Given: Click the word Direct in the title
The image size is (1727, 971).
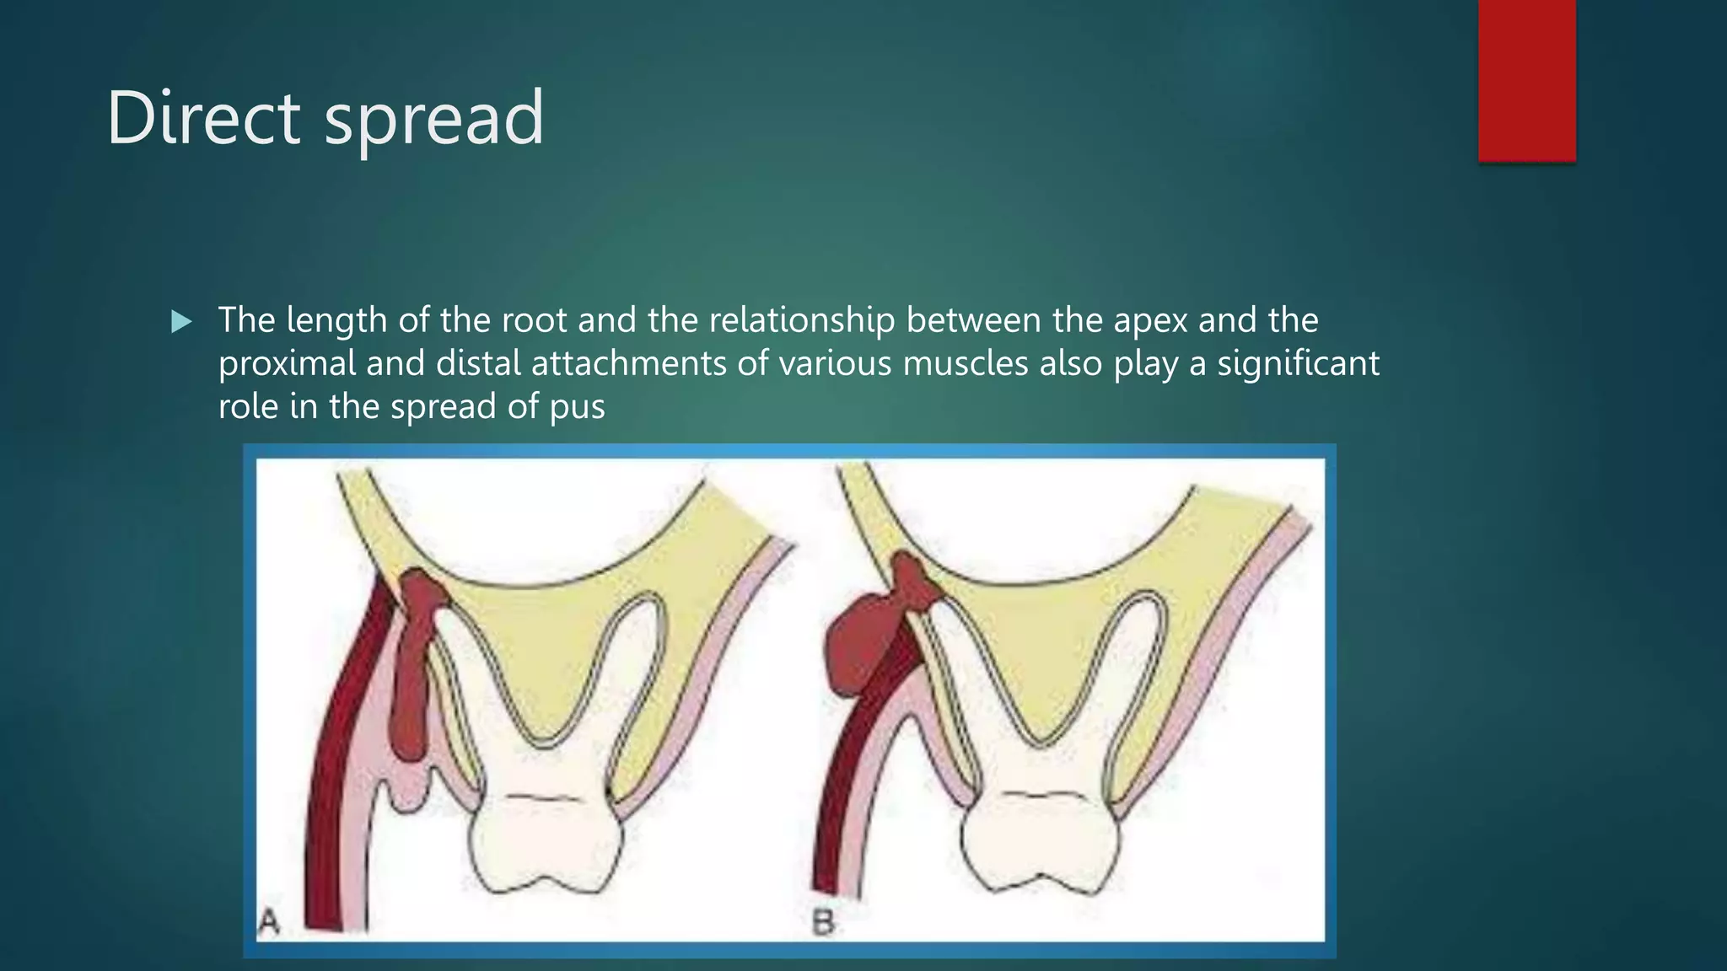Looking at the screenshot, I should coord(203,118).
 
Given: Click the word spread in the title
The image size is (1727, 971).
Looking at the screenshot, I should coord(434,120).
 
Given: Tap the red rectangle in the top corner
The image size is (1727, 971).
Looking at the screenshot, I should coord(1526,80).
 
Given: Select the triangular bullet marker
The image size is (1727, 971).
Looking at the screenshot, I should coord(181,321).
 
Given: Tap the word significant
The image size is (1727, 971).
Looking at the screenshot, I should coord(1298,364).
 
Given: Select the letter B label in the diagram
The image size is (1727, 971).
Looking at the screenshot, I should coord(823,923).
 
